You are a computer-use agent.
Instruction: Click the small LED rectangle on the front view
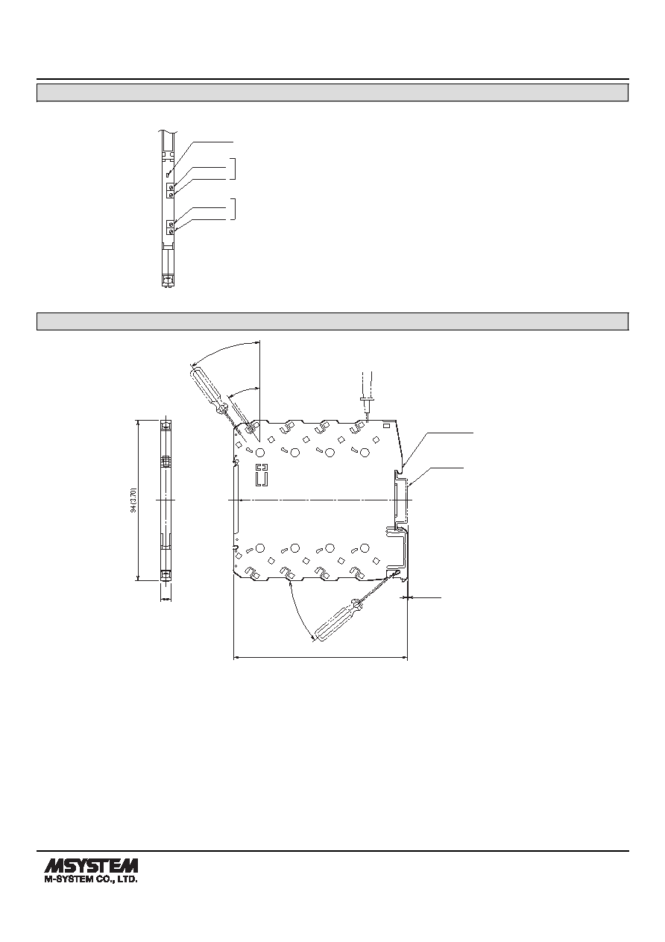click(x=168, y=174)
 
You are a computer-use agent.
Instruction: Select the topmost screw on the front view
click(x=171, y=187)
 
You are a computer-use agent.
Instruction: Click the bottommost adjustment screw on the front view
click(x=171, y=232)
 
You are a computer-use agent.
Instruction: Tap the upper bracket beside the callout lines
click(x=234, y=169)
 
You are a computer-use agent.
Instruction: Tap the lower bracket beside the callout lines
click(x=234, y=209)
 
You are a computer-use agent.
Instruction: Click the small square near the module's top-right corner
click(x=386, y=427)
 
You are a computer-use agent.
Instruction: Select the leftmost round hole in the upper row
click(x=259, y=453)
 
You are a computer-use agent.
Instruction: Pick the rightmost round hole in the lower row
click(x=365, y=548)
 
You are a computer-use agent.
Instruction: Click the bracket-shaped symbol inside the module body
click(x=262, y=475)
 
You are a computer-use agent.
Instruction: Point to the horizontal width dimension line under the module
click(x=321, y=657)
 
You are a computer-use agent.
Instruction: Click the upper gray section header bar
click(x=332, y=92)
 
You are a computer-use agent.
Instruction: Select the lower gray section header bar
click(x=332, y=321)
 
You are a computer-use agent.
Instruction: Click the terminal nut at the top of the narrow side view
click(x=166, y=424)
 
